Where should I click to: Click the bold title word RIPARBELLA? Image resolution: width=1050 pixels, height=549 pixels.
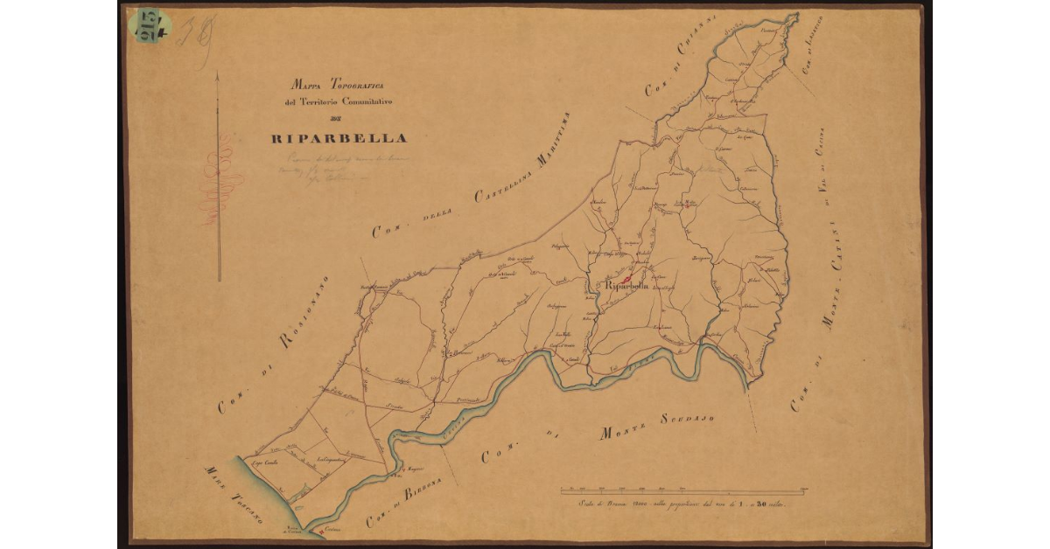coord(338,138)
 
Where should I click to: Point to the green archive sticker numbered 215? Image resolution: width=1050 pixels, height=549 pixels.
coord(150,26)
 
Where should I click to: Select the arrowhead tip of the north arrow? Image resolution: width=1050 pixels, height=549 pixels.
coord(218,75)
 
